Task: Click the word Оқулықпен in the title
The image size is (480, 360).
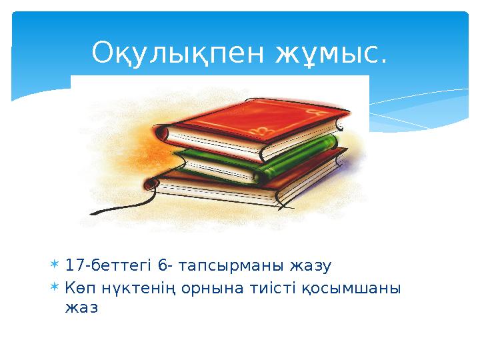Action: click(x=180, y=53)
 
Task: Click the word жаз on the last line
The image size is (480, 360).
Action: click(x=81, y=308)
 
